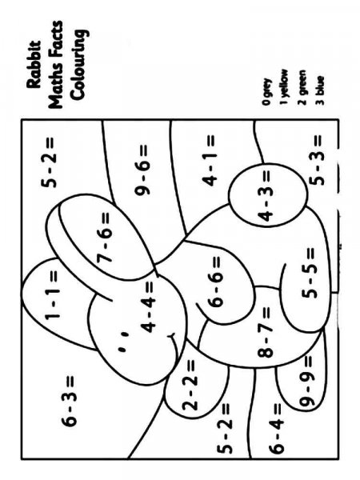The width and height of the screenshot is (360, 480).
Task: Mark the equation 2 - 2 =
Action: click(191, 384)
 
